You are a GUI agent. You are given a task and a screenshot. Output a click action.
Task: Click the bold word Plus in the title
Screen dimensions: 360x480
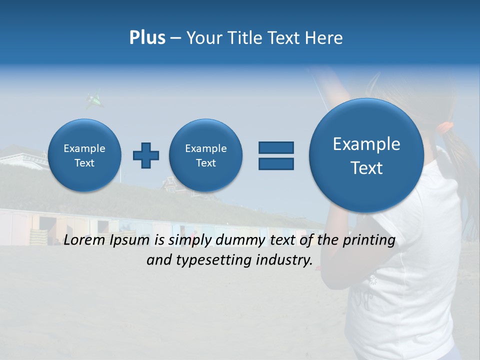(147, 38)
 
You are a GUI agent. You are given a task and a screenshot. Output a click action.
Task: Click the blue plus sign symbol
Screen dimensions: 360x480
(146, 155)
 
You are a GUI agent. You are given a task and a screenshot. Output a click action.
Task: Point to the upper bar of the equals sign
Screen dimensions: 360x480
(276, 147)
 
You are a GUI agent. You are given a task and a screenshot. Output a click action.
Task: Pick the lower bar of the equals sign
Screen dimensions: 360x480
(276, 163)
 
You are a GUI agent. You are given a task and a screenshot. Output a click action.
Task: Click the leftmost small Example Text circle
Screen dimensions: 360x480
(84, 155)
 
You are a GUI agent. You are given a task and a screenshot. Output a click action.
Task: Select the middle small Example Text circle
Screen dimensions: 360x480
(206, 155)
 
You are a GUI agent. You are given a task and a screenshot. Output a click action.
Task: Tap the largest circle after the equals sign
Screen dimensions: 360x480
(366, 155)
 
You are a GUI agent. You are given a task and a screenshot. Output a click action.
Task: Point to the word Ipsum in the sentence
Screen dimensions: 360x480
(129, 241)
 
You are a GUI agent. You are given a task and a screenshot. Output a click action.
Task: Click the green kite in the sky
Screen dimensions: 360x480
(94, 100)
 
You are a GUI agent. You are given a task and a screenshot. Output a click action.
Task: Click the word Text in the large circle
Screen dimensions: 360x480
(366, 168)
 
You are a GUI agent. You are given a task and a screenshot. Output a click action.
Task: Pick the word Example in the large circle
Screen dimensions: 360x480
(366, 144)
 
